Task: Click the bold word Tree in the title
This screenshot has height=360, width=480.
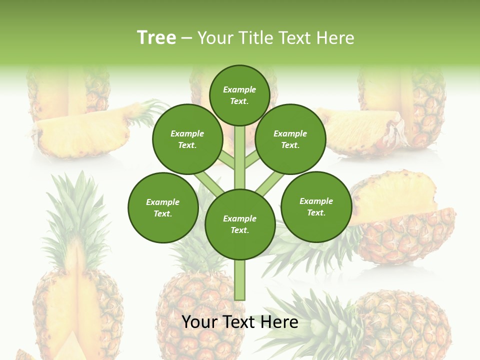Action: point(156,37)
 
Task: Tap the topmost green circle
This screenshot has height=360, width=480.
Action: point(239,95)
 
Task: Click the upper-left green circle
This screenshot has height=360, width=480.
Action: point(187,139)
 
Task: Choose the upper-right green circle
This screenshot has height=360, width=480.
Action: point(290,139)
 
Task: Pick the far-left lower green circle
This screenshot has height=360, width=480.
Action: point(163,207)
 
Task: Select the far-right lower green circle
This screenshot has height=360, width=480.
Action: point(316,206)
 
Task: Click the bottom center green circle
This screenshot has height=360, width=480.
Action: point(239,224)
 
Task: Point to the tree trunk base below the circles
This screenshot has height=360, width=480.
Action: point(239,282)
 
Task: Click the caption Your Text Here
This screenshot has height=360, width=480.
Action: point(239,322)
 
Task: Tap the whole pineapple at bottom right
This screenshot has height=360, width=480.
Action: point(400,325)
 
